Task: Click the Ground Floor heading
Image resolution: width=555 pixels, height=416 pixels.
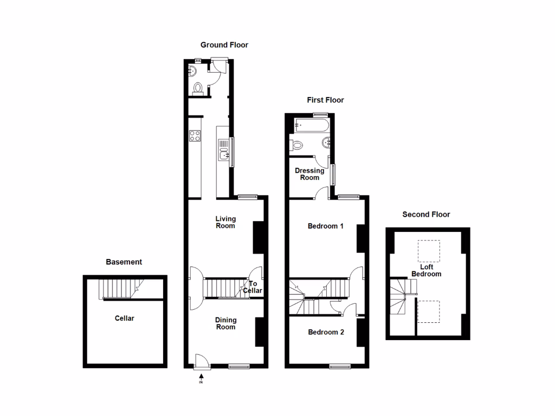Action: click(224, 45)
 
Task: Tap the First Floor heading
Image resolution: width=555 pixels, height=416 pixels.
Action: click(325, 100)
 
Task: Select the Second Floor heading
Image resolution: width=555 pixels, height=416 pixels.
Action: click(426, 214)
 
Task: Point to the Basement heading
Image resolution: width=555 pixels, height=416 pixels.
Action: click(124, 262)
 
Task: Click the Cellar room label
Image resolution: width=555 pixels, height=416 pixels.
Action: click(124, 318)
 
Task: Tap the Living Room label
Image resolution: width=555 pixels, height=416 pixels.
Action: click(225, 222)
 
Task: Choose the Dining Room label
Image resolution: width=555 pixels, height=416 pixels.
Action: click(225, 323)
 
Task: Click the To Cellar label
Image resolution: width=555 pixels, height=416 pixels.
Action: click(253, 287)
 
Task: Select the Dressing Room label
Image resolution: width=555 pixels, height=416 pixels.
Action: click(309, 174)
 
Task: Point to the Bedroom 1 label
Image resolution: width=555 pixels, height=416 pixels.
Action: click(325, 226)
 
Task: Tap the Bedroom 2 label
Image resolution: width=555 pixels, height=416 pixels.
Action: click(326, 332)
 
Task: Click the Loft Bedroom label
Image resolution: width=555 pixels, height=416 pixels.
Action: click(426, 270)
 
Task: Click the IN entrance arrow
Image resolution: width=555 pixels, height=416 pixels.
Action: click(201, 378)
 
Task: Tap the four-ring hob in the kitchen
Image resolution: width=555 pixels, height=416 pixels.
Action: click(195, 135)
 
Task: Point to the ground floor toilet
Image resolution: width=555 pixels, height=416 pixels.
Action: click(199, 88)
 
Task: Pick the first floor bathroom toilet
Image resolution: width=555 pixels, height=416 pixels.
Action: click(296, 145)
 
